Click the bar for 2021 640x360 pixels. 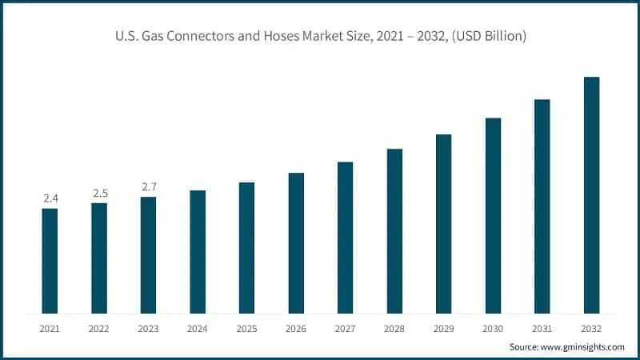tap(50, 261)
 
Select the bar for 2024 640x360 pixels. tap(198, 252)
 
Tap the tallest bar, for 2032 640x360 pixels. tap(591, 195)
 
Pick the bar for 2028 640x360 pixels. tap(394, 231)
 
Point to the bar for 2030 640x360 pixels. tap(493, 216)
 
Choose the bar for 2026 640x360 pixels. tap(296, 243)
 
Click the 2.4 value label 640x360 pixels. tap(50, 198)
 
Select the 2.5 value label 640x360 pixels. tap(99, 193)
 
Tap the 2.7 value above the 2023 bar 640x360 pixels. tap(149, 186)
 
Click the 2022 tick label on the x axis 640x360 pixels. tap(99, 327)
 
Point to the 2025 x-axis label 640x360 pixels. tap(246, 327)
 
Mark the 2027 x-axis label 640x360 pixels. tap(345, 327)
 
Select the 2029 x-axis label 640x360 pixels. tap(443, 327)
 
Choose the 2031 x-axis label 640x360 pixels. tap(542, 327)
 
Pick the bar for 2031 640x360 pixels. tap(542, 206)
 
